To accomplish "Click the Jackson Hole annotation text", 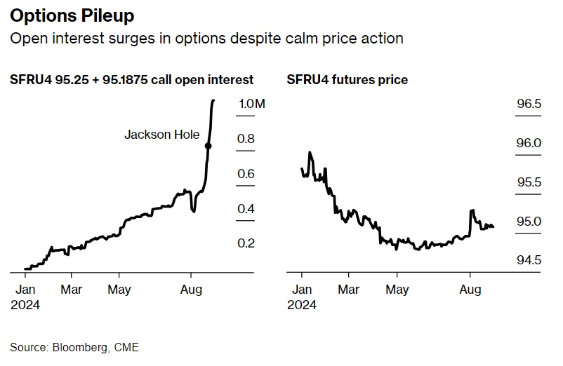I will [x=162, y=134].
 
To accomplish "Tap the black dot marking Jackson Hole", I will [x=208, y=146].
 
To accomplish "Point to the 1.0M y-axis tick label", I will [x=252, y=104].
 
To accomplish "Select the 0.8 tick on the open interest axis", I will [x=246, y=139].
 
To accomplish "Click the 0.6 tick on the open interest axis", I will [x=246, y=174].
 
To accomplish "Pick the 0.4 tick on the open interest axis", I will [x=246, y=209].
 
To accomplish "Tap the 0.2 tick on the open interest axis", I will [x=246, y=243].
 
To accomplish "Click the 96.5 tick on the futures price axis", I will [x=529, y=104].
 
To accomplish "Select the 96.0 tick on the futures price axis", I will [x=529, y=143].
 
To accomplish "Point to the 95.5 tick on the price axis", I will [x=529, y=182].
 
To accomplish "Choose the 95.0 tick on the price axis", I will [x=529, y=222].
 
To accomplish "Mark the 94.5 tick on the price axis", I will [x=529, y=260].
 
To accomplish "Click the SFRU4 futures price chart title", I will [x=347, y=80].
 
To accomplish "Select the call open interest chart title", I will [x=132, y=80].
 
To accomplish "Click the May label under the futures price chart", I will [x=397, y=289].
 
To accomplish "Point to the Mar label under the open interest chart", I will [x=72, y=289].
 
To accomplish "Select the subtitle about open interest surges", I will [x=207, y=39].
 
